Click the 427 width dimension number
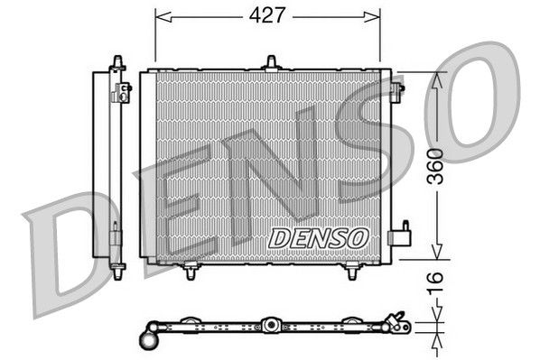pyautogui.click(x=268, y=15)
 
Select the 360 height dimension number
pyautogui.click(x=437, y=167)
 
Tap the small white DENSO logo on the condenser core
pyautogui.click(x=319, y=236)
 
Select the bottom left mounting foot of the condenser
pyautogui.click(x=191, y=270)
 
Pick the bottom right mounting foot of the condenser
pyautogui.click(x=351, y=270)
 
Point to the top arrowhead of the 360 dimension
pyautogui.click(x=437, y=78)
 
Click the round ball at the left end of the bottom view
pyautogui.click(x=147, y=340)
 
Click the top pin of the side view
pyautogui.click(x=116, y=61)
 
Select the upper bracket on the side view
pyautogui.click(x=120, y=90)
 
